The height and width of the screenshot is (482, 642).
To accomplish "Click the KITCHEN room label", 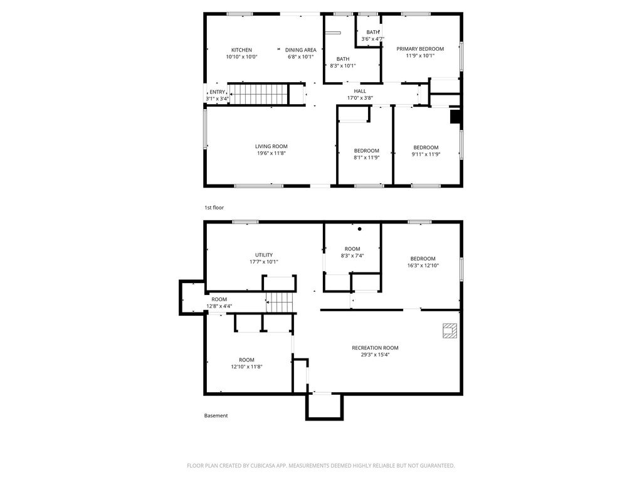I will pos(241,50).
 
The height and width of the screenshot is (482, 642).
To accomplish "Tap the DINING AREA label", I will pos(301,50).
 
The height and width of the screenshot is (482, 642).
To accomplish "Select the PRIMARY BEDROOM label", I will pos(420,49).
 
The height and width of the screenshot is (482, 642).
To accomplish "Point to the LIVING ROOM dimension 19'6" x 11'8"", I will pos(271,153).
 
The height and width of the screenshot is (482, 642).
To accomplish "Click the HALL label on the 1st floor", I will pos(360,91).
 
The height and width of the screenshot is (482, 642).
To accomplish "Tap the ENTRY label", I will pos(217,92).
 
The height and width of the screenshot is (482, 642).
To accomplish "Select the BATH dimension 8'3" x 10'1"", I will pos(343,66).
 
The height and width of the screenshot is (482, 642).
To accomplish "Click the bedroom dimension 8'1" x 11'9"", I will pos(367,158).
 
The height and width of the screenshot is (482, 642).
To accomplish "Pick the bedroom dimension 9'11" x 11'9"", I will pos(426,154).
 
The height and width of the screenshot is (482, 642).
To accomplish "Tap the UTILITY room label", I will pos(263,255).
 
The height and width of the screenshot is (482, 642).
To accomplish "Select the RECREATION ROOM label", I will pos(375,348).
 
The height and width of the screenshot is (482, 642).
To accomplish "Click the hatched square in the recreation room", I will pos(450,331).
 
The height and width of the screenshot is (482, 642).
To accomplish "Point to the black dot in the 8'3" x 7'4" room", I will pos(360,229).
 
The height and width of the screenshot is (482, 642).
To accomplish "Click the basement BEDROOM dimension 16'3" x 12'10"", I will pos(423,265).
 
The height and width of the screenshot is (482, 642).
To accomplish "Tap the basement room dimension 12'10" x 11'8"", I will pos(246,367).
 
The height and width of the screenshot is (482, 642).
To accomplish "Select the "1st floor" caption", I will pos(214,207).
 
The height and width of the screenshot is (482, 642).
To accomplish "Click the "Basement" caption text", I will pos(216,415).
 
